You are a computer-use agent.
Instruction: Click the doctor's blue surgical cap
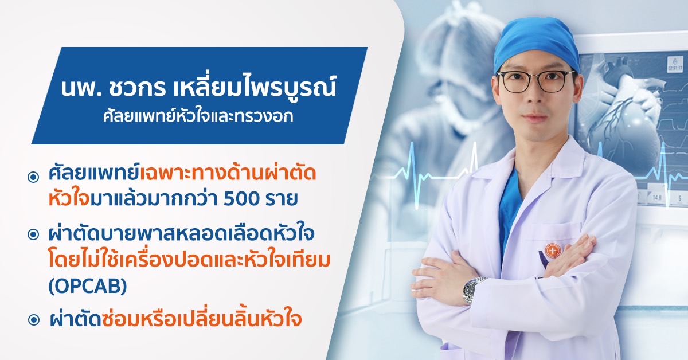tap(536, 45)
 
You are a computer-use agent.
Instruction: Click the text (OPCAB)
tap(88, 287)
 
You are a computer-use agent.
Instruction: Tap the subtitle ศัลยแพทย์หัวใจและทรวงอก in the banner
tap(198, 116)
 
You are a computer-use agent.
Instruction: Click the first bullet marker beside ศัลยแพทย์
tap(33, 177)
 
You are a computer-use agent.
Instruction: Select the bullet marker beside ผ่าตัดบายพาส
tap(33, 235)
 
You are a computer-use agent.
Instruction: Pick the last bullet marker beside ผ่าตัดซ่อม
tap(34, 320)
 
